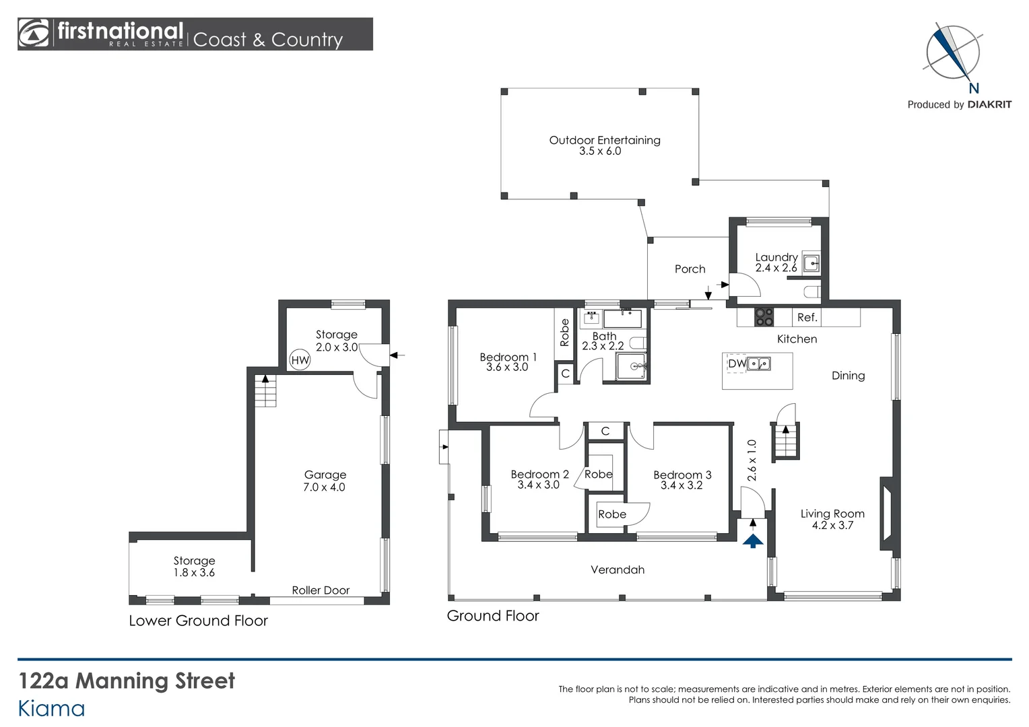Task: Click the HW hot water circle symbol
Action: [300, 360]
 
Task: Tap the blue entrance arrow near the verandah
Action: [753, 540]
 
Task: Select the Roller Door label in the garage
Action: [321, 590]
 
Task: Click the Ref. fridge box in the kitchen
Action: [807, 317]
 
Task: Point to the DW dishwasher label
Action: [736, 363]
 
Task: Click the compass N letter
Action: [973, 88]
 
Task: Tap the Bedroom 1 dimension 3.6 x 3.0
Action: [506, 368]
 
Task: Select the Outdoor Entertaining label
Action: [604, 140]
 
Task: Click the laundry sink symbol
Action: [811, 263]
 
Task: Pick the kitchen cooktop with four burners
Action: [764, 317]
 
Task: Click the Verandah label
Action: [618, 569]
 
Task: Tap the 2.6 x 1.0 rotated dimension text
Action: [752, 460]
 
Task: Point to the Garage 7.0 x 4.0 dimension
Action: [324, 487]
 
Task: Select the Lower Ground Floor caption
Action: [198, 621]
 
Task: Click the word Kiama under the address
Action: [51, 709]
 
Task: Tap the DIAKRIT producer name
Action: [989, 104]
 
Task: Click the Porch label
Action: [690, 269]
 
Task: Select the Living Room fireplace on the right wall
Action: [887, 510]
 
